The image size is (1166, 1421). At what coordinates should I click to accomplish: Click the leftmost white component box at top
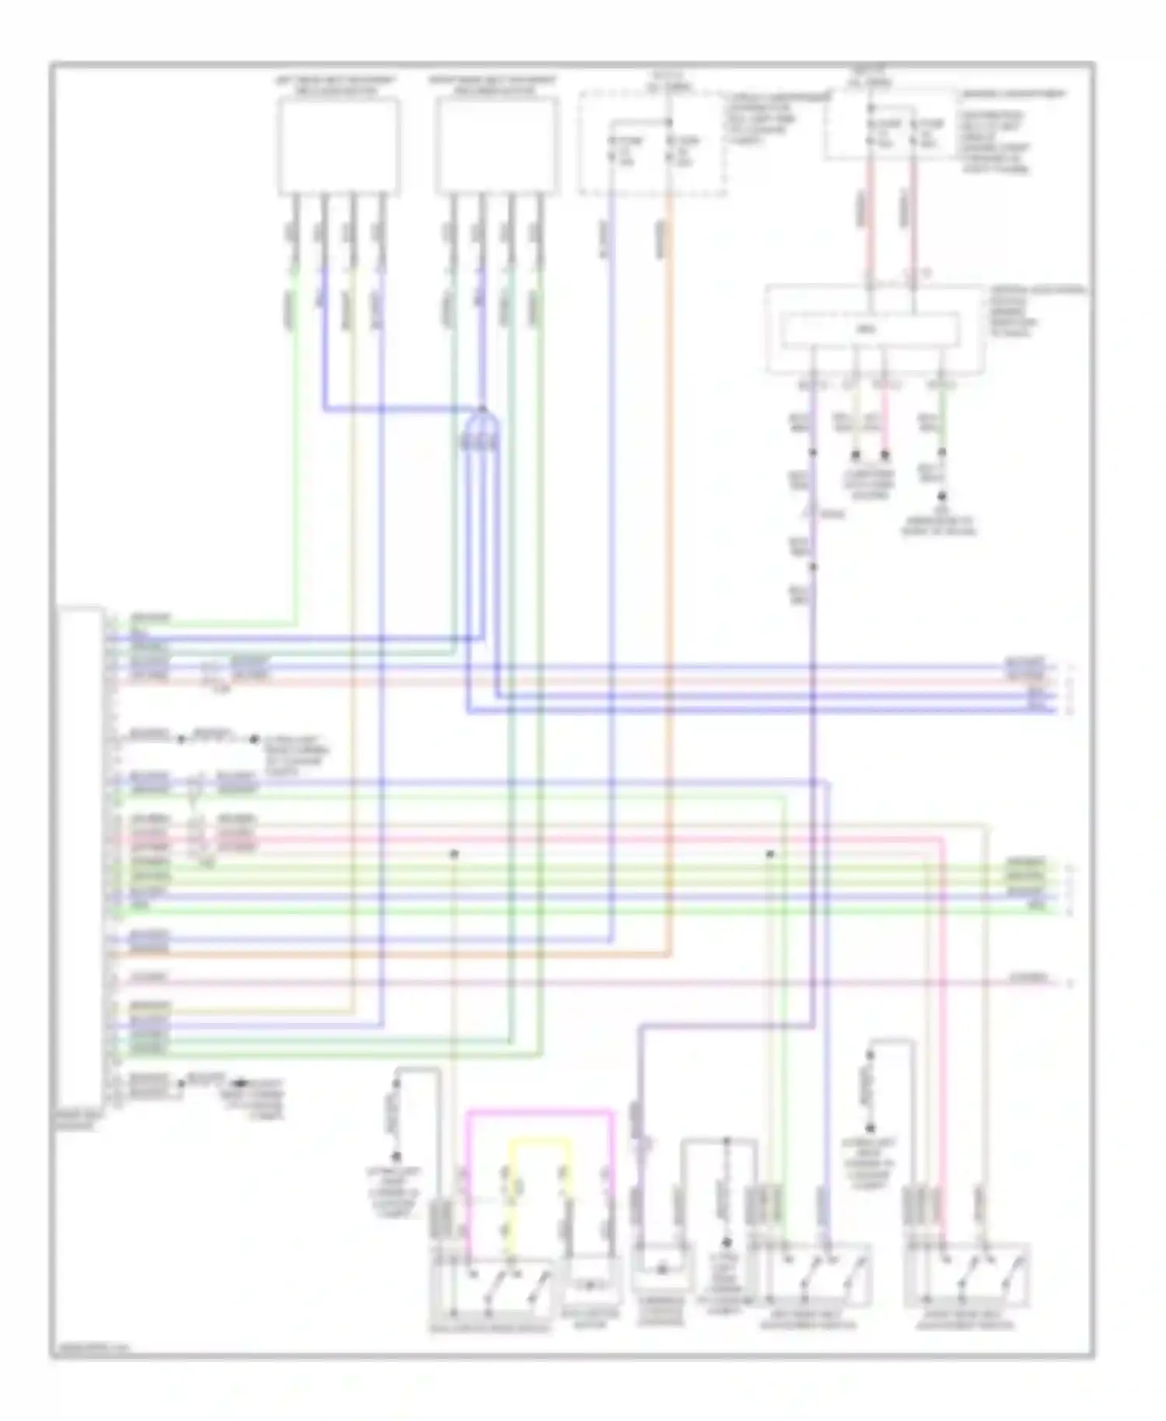339,145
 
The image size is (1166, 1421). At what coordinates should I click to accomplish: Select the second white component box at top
497,145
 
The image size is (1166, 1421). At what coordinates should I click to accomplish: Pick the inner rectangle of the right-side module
869,330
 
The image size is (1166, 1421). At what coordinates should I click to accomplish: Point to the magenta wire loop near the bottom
539,1114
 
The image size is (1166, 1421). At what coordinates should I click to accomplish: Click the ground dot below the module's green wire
942,495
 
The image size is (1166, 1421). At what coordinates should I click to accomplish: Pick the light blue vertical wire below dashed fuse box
611,544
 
